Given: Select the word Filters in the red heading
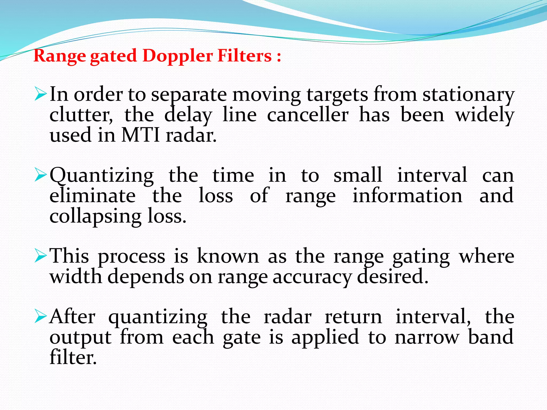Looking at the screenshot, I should tap(244, 56).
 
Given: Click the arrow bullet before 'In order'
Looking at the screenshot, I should tap(41, 95).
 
